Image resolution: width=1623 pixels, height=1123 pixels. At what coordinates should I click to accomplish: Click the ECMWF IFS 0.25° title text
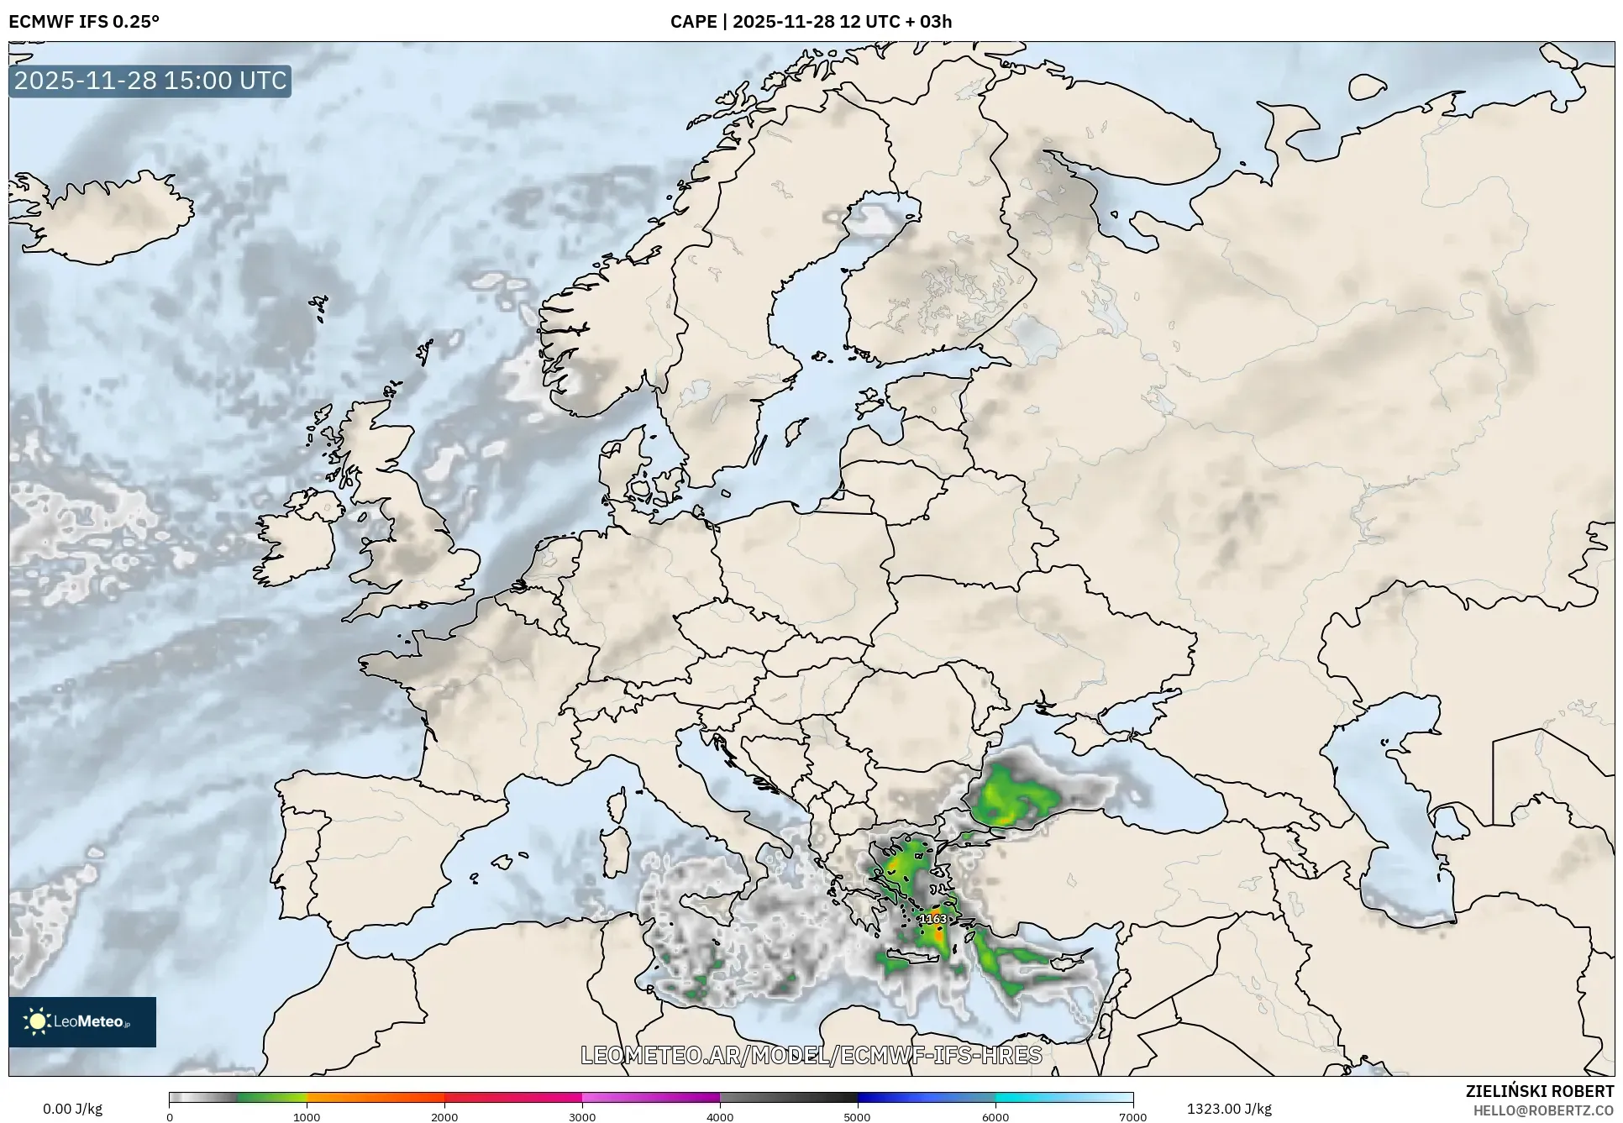tap(83, 22)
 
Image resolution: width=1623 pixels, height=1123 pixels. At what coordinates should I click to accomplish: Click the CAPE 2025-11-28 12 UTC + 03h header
tap(811, 22)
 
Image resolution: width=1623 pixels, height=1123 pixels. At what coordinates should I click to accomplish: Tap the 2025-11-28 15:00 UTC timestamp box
tap(150, 81)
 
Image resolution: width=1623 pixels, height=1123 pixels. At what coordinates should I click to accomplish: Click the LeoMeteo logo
tap(81, 1021)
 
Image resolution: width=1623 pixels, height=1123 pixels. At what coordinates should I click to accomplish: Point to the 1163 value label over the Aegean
tap(932, 919)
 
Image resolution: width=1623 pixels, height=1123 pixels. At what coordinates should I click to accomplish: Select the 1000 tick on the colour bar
tap(307, 1116)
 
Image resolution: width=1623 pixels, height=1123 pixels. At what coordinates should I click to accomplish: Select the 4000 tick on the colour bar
tap(720, 1116)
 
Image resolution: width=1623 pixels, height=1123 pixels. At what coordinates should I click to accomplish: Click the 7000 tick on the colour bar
tap(1132, 1116)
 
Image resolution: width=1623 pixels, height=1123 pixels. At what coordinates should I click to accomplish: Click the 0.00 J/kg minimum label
tap(72, 1109)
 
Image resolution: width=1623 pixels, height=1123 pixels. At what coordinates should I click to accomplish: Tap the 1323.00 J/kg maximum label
tap(1228, 1109)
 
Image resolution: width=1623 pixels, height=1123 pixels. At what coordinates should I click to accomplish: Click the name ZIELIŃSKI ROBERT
tap(1539, 1091)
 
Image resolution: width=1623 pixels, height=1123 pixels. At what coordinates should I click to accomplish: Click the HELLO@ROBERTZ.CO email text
tap(1543, 1110)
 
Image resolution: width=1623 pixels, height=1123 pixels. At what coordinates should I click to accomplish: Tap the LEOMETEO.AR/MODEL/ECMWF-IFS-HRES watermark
tap(811, 1055)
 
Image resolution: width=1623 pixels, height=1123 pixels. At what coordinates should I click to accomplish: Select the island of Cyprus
tap(1071, 958)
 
